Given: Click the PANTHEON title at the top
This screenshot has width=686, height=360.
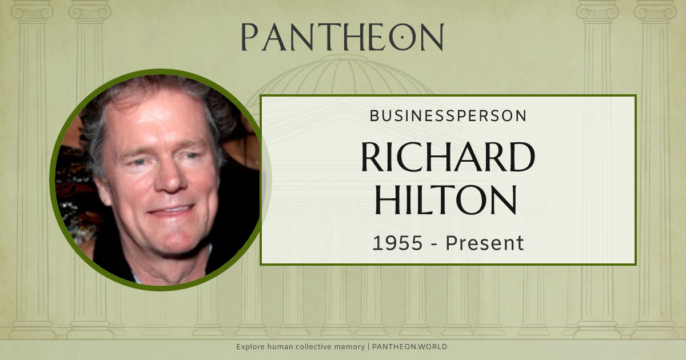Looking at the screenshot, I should point(342,37).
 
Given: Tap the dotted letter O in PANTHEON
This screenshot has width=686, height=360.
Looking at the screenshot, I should point(402,38).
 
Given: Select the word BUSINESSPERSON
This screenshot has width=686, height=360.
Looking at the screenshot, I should point(448,116).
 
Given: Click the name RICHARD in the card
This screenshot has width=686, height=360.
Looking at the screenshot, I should point(448,157).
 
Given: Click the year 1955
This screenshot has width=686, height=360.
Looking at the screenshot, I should point(397,243).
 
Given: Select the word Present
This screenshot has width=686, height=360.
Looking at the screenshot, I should point(485,243).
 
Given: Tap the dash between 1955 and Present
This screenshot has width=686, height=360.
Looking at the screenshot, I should point(434,244).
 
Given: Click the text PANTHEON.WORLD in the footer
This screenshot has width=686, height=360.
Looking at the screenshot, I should point(409,347).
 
